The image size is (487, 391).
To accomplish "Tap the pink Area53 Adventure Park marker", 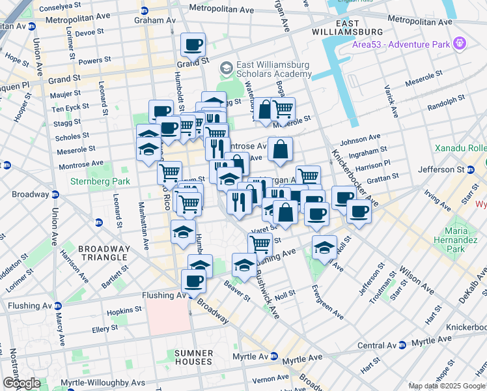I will pyautogui.click(x=460, y=44).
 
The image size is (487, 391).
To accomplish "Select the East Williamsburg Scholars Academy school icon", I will pyautogui.click(x=227, y=68).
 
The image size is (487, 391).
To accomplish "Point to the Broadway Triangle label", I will pyautogui.click(x=104, y=253).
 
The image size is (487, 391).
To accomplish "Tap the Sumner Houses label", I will pyautogui.click(x=193, y=357).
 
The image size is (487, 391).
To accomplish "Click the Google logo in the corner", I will pyautogui.click(x=21, y=383).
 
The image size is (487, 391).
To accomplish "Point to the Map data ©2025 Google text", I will pyautogui.click(x=447, y=386).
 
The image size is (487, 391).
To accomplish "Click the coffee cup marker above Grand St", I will pyautogui.click(x=193, y=45).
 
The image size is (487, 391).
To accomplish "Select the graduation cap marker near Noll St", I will pyautogui.click(x=324, y=248).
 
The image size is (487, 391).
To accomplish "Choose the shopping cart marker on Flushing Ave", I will pyautogui.click(x=260, y=245).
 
